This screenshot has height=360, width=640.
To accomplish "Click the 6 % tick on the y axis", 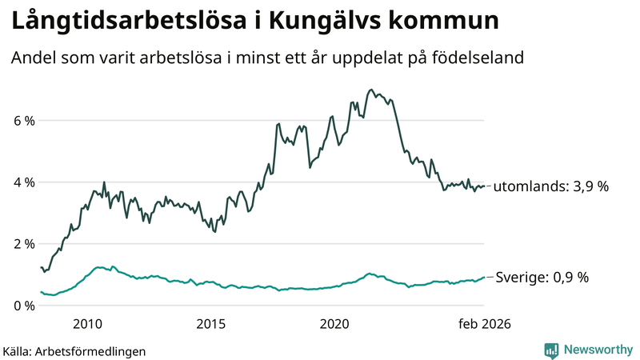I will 22,121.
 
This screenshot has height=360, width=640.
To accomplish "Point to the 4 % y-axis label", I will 22,182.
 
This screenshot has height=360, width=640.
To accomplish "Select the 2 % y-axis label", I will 22,244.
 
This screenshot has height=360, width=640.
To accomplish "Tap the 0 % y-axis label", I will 22,306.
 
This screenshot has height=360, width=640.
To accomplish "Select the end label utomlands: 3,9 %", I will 551,186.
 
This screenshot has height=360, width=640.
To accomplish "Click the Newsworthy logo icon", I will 552,350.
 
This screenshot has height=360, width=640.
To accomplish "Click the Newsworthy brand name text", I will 597,350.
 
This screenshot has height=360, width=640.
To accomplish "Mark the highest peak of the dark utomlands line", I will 370,90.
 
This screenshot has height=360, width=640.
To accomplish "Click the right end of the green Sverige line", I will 484,278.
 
